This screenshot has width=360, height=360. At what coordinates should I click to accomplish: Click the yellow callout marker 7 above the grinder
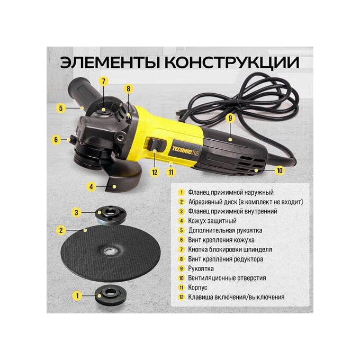(x=104, y=82)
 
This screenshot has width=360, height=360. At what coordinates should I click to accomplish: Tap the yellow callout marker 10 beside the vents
(x=280, y=170)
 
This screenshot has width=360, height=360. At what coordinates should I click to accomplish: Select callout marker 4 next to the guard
(x=91, y=187)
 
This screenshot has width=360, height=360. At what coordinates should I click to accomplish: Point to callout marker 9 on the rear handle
(x=230, y=118)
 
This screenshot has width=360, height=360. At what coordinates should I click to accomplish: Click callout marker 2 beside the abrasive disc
(x=61, y=230)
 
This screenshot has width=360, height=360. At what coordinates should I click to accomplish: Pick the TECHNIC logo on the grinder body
(x=185, y=150)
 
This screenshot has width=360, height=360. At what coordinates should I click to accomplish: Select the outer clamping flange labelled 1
(x=111, y=295)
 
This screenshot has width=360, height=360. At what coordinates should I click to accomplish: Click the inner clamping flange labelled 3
(x=111, y=215)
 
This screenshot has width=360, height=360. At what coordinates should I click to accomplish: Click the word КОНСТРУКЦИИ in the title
(x=232, y=62)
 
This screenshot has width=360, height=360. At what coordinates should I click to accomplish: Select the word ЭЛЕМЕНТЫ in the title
(x=110, y=62)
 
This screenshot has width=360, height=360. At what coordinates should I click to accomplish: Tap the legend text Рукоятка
(x=201, y=268)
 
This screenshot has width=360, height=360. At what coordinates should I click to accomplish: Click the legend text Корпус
(x=197, y=287)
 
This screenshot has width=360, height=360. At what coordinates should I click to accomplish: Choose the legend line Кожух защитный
(x=212, y=221)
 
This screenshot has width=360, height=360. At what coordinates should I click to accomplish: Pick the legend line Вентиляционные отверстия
(x=227, y=278)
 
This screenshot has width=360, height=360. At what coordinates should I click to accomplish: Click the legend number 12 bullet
(x=182, y=297)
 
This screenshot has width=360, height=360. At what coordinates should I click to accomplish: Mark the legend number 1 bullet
(x=182, y=192)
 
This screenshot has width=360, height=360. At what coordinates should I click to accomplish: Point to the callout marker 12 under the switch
(x=155, y=172)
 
